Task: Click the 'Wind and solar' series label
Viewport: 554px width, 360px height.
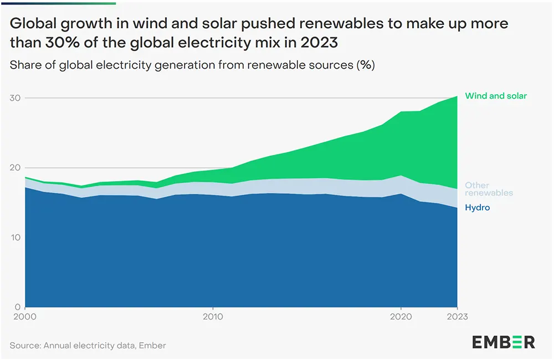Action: click(x=496, y=96)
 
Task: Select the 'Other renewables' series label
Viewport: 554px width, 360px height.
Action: click(x=489, y=189)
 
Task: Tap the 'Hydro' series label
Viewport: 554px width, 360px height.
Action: click(x=477, y=208)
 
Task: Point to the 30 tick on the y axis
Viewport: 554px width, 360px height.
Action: click(x=15, y=98)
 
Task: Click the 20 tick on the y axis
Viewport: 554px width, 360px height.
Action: click(x=15, y=168)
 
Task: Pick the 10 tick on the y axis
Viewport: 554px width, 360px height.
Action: click(x=15, y=238)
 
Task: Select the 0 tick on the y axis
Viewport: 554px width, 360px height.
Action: click(x=18, y=307)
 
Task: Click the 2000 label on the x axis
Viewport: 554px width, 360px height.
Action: click(x=25, y=317)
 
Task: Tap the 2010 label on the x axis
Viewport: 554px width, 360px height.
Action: click(x=213, y=317)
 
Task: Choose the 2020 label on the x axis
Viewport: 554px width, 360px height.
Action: click(x=401, y=317)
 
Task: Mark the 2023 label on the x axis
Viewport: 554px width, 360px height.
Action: click(x=457, y=317)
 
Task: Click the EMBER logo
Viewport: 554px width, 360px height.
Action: click(x=504, y=342)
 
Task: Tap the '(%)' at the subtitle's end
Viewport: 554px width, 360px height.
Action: click(x=365, y=65)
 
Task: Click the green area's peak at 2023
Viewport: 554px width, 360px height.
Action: click(x=456, y=97)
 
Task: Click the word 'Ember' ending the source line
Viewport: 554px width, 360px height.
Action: click(x=154, y=346)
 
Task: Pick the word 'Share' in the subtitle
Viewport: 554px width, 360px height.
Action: click(x=25, y=65)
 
